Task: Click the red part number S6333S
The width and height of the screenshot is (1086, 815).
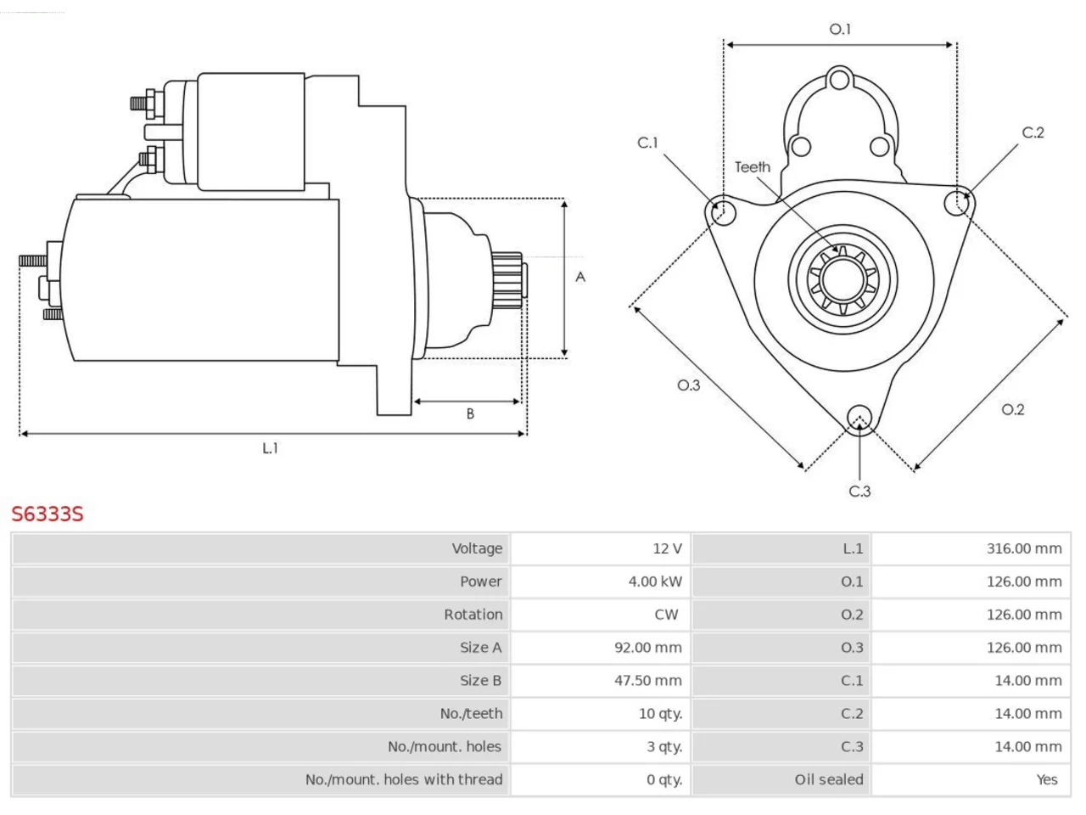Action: point(48,514)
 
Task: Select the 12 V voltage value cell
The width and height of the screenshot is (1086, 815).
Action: point(667,548)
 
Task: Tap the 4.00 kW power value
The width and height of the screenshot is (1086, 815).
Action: point(655,582)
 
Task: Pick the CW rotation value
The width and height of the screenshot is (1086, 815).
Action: point(666,615)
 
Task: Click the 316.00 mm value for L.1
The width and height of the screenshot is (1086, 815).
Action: point(1024,548)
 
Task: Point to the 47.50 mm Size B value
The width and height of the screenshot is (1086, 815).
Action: point(647,680)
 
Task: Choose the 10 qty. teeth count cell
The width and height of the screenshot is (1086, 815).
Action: point(660,714)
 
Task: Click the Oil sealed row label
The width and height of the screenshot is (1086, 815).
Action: point(829,779)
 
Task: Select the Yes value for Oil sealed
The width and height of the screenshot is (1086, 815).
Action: point(1047,779)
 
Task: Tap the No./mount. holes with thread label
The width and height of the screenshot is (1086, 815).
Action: point(404,779)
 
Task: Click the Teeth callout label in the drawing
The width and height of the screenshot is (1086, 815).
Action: point(752,167)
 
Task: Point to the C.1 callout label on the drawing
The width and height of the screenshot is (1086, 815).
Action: point(647,143)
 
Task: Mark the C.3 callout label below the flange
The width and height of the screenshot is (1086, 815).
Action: point(859,492)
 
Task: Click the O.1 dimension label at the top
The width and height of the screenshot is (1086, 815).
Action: point(840,29)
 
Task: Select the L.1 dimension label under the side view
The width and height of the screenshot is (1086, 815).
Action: point(270,448)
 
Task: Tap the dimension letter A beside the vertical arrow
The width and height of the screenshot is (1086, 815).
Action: point(580,277)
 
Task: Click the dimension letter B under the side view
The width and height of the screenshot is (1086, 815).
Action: point(470,413)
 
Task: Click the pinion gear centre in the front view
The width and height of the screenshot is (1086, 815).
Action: point(842,279)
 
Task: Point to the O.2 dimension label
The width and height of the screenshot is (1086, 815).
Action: point(1013,410)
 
